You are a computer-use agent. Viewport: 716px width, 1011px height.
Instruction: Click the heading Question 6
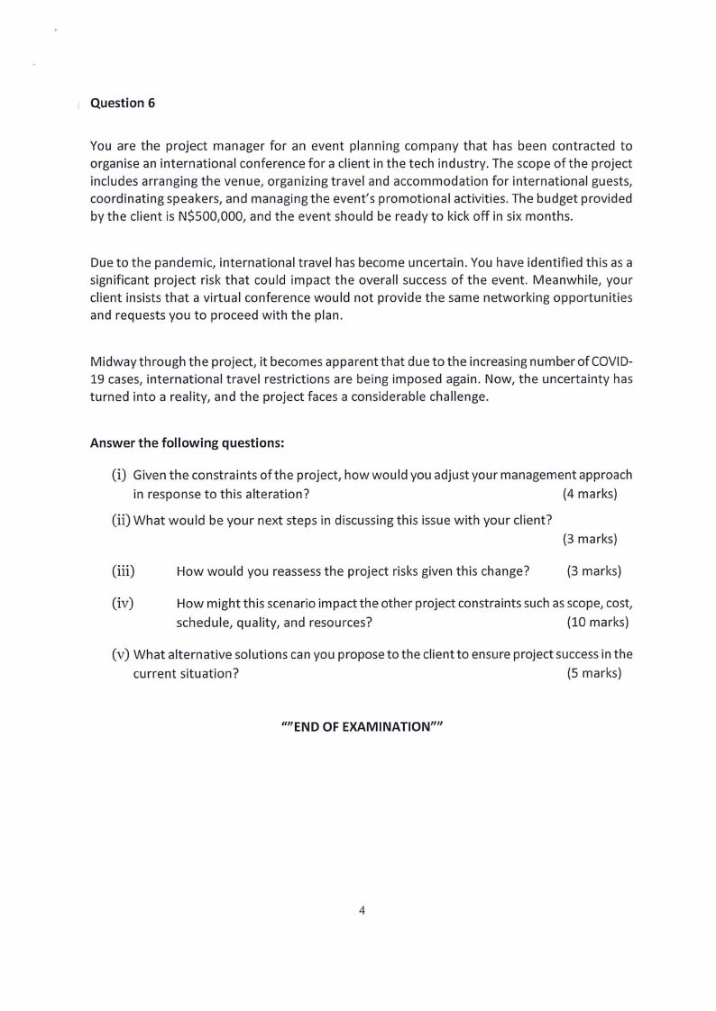(123, 103)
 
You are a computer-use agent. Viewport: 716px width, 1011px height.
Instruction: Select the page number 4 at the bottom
(362, 910)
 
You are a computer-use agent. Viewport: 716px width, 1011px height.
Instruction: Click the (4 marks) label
(590, 494)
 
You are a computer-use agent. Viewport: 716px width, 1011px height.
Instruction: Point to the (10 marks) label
(597, 622)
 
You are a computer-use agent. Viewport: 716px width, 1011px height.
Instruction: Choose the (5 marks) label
(593, 673)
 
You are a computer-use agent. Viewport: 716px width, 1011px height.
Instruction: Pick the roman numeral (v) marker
(119, 654)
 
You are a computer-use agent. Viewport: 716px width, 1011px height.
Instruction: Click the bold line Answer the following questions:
(188, 442)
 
